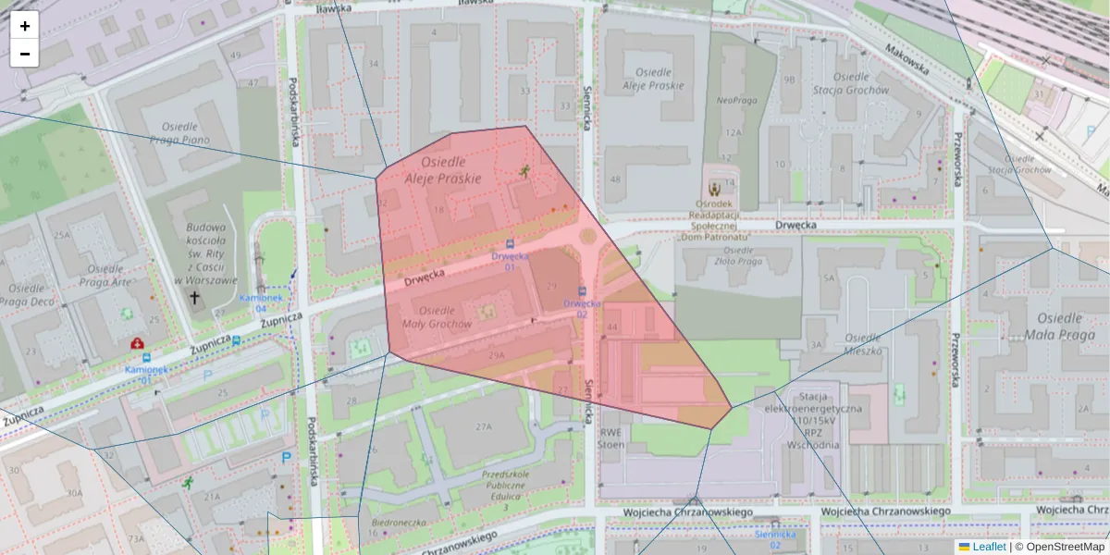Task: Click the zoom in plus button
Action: pos(25,26)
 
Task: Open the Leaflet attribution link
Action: pos(988,547)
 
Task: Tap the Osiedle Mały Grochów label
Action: pos(438,317)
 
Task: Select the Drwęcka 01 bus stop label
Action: pos(510,261)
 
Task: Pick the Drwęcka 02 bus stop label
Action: pos(582,308)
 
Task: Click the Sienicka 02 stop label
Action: pos(775,539)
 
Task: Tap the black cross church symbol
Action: pos(194,298)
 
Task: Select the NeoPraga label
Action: pos(736,100)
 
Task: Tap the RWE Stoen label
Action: pos(611,438)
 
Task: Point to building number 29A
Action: pos(497,355)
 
